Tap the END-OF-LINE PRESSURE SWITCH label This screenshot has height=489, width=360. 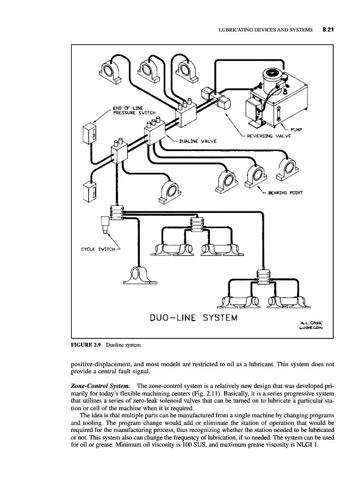tap(134, 110)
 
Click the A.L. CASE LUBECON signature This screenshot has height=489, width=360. tap(311, 324)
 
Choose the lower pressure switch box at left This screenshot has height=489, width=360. tap(89, 191)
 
